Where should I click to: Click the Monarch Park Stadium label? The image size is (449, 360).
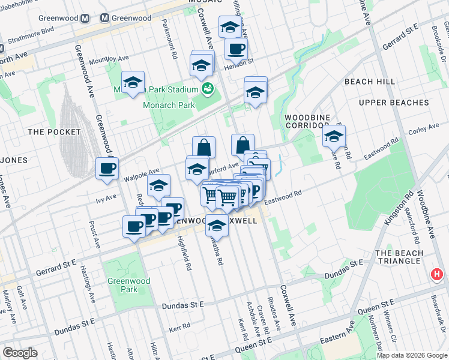(170, 90)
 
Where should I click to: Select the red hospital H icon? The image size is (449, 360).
(437, 275)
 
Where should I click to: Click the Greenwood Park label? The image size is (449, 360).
(122, 285)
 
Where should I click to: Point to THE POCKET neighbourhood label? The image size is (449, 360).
(54, 131)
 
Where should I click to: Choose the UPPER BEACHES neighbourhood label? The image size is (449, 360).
(394, 103)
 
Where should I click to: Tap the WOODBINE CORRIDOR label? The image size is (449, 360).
(307, 122)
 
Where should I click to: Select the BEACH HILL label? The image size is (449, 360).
(370, 82)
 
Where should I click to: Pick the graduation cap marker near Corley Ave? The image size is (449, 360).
(334, 136)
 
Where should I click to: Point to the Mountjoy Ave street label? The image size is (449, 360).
(109, 60)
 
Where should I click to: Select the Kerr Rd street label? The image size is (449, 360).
(179, 330)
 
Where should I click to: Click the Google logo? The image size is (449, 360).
(20, 353)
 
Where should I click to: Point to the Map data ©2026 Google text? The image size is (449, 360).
(411, 355)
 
